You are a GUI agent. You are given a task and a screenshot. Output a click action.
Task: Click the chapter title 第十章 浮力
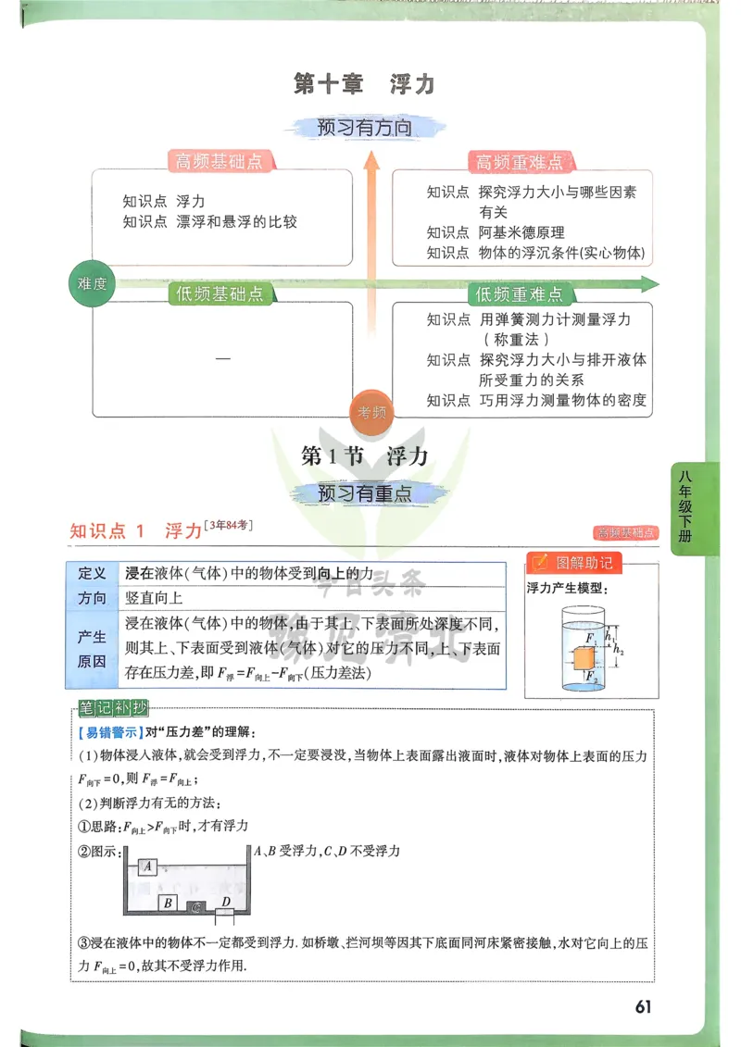click(x=363, y=84)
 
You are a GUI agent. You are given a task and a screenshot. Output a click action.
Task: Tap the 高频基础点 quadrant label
click(x=220, y=161)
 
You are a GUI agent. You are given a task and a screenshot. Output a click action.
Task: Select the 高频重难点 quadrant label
click(x=519, y=162)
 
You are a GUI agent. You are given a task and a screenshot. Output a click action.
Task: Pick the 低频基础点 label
click(x=220, y=293)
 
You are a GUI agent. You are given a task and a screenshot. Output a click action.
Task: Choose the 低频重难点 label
click(x=519, y=294)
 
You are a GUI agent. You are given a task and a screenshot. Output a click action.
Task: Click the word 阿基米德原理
click(x=521, y=232)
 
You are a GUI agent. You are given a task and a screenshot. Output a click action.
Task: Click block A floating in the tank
click(x=148, y=866)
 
